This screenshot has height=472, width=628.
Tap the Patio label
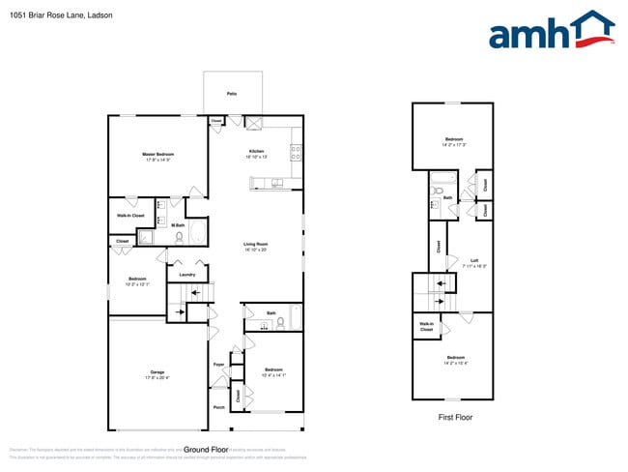[x=231, y=94]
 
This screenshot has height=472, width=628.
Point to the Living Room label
[x=255, y=246]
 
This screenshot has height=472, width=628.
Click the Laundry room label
[x=187, y=275]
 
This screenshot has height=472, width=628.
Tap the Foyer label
[x=218, y=364]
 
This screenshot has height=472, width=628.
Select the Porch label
[x=218, y=407]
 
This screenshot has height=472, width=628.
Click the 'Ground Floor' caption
[x=206, y=450]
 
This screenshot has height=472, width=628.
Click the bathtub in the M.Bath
[x=197, y=233]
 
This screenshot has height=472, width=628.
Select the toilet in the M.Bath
[x=180, y=235]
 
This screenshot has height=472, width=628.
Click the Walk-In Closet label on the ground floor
[x=130, y=215]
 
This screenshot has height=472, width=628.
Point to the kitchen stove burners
[x=295, y=151]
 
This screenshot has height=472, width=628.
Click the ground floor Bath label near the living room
[x=271, y=313]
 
